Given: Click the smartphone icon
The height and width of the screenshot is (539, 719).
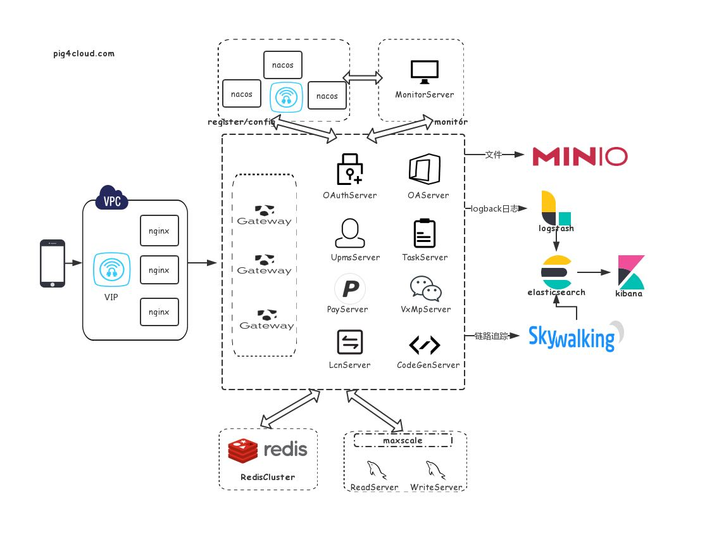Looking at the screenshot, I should [x=53, y=263].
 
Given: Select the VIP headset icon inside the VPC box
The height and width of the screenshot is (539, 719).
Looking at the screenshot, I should [x=111, y=270].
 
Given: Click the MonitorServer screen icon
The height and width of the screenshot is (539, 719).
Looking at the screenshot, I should [x=423, y=72].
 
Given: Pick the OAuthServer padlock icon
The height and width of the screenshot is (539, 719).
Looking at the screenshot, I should [x=349, y=169].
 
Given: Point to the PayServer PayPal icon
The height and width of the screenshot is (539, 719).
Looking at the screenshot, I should [x=349, y=289].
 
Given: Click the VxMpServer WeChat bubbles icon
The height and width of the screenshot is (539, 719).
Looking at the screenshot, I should [x=425, y=288].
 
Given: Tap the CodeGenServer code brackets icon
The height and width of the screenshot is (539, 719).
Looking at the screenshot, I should [x=425, y=345].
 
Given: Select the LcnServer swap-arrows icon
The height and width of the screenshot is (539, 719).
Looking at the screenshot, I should [x=349, y=342].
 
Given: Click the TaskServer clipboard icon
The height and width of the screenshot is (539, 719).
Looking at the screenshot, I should [x=424, y=234].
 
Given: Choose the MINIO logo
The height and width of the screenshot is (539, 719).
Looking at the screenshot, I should [x=579, y=156].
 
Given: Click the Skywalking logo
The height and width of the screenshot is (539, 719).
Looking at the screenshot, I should [x=573, y=338].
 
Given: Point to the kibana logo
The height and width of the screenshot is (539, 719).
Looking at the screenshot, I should [x=630, y=272].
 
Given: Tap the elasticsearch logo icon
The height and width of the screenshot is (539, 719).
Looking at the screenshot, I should [x=557, y=271].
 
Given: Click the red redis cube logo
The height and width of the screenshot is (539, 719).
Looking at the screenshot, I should [x=243, y=451].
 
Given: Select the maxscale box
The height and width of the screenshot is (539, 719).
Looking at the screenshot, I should [x=403, y=440].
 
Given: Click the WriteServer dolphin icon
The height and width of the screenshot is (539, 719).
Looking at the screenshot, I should [x=435, y=470].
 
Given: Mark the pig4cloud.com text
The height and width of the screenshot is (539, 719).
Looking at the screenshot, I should [x=84, y=54].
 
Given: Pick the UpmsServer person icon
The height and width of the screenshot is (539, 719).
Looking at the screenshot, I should [x=349, y=234].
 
